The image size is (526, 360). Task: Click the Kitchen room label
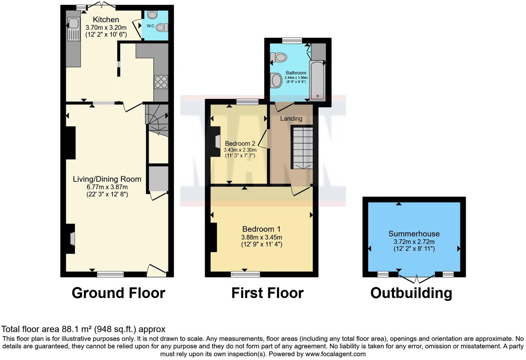tap(106, 20)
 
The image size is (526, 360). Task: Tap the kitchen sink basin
tap(73, 24)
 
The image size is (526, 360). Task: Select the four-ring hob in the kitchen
tap(161, 82)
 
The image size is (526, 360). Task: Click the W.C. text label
tap(151, 26)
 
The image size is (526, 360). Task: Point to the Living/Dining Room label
tap(107, 179)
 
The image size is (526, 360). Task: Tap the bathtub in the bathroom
tap(317, 81)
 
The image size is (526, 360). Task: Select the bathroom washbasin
tap(276, 80)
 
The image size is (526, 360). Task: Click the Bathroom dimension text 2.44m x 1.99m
tap(296, 78)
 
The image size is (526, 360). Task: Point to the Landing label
tap(291, 118)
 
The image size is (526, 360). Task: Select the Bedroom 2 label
tap(240, 143)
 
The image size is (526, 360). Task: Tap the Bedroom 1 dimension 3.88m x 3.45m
tap(262, 237)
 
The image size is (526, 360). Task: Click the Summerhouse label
tap(414, 234)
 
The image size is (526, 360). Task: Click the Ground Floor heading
tap(118, 293)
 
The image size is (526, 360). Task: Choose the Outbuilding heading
tap(411, 293)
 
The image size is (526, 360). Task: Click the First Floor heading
tap(267, 293)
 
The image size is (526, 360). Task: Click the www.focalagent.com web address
tap(335, 354)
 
